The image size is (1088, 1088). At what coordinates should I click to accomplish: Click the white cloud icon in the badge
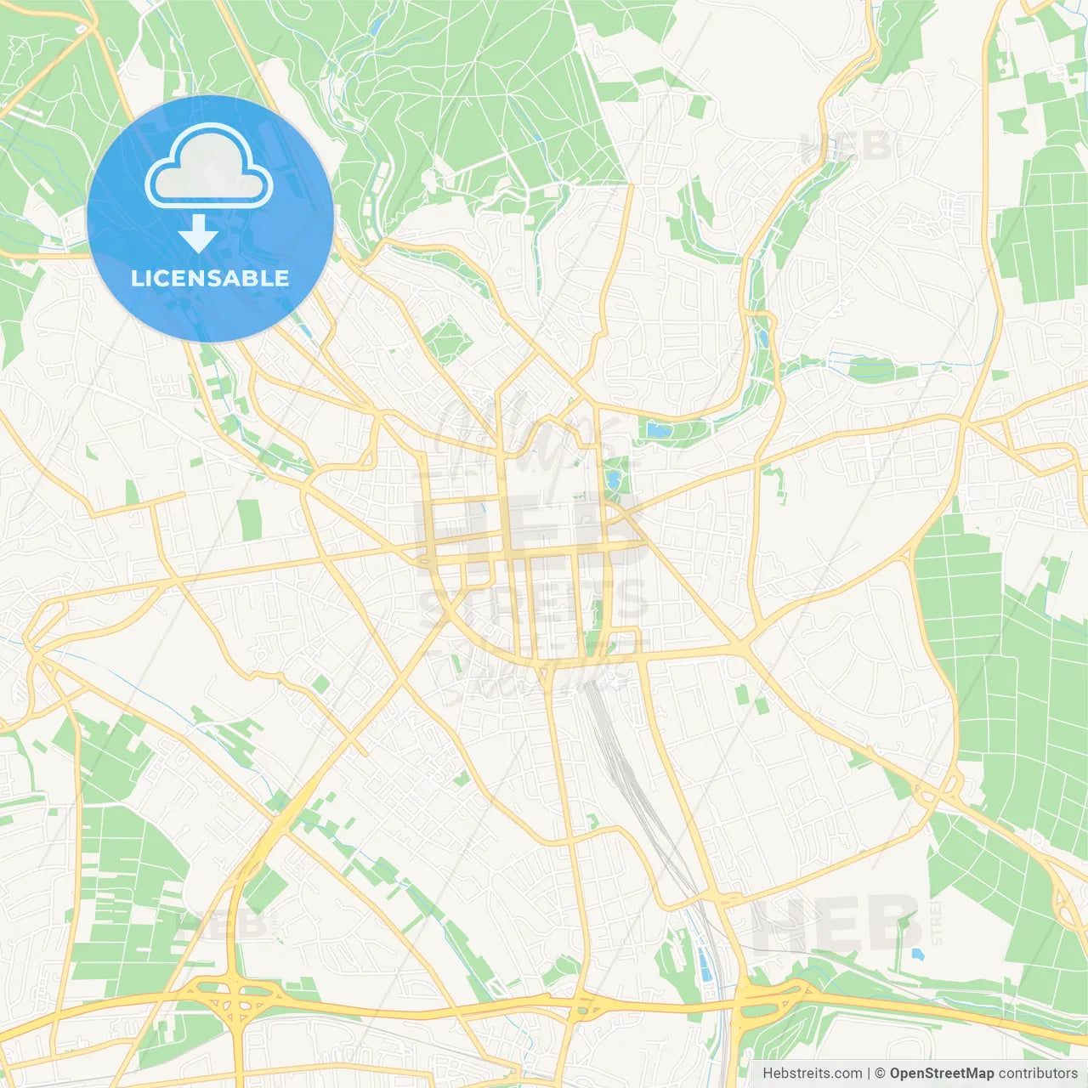click(209, 167)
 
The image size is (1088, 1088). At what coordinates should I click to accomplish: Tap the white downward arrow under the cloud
click(198, 234)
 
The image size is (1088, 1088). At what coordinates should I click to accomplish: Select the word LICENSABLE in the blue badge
click(210, 278)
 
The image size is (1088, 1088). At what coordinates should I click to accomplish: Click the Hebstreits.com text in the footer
click(812, 1074)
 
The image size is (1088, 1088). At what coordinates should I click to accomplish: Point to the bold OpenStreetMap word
click(941, 1074)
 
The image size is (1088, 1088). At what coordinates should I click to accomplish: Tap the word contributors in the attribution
click(1037, 1074)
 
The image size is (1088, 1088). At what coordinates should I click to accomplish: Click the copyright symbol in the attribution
click(880, 1074)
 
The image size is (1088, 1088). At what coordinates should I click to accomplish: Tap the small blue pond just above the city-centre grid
click(613, 481)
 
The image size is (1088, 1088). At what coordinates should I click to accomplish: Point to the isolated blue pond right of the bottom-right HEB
click(915, 954)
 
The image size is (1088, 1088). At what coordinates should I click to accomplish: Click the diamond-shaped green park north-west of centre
click(447, 339)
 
